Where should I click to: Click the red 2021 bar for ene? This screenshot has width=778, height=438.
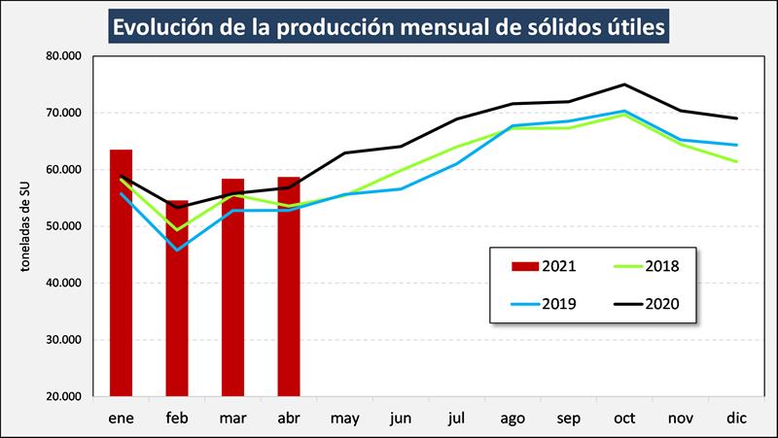point(121,273)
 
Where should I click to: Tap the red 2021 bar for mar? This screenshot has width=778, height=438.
point(232,287)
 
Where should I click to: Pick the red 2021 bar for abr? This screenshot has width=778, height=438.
point(288,286)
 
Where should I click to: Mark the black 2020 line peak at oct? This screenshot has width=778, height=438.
point(623,84)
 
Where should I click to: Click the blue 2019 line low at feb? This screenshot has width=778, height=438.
point(177,251)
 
